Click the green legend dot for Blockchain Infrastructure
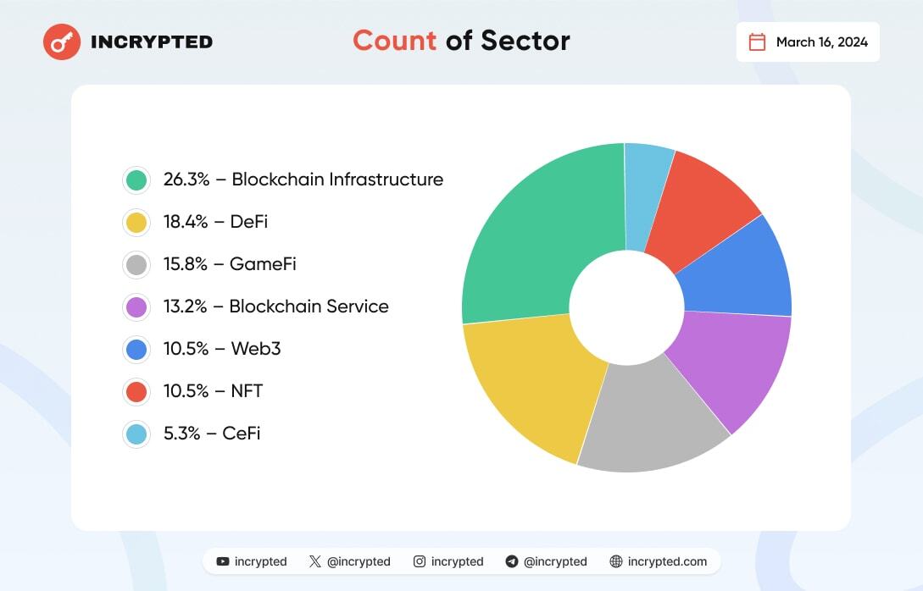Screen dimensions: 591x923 tap(136, 180)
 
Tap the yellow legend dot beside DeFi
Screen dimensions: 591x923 tap(136, 222)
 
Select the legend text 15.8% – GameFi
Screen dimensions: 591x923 tap(230, 264)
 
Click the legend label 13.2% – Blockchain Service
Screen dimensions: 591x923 tap(275, 307)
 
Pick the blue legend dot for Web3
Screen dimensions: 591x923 tap(136, 349)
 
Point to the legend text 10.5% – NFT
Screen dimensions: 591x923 tap(213, 391)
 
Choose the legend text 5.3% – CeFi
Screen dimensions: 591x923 tap(212, 434)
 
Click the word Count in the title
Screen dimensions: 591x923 tap(394, 41)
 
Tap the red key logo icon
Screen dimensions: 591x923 tap(62, 41)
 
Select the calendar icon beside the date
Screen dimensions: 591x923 tap(758, 41)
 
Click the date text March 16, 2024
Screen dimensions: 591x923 tap(821, 42)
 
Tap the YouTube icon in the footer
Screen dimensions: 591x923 tap(223, 561)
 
